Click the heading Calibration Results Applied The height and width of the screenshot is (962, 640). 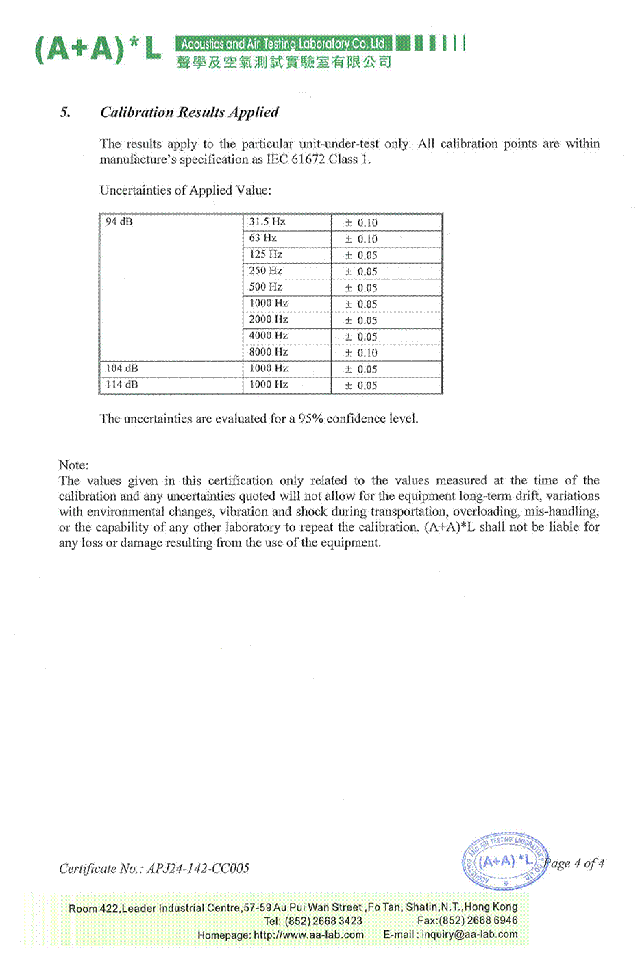click(189, 112)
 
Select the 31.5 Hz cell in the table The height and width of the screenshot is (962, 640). click(267, 222)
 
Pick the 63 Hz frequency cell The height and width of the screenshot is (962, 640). click(262, 238)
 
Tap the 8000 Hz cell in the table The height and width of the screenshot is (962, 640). click(268, 352)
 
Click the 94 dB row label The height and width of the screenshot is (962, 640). click(119, 222)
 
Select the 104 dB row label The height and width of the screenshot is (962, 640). click(122, 369)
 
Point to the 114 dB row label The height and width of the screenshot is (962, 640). click(122, 385)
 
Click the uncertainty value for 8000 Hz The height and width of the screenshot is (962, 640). click(361, 353)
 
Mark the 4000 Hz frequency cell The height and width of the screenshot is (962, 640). click(268, 336)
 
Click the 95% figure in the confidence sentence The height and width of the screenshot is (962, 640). click(310, 419)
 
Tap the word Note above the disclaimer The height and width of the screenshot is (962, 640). click(73, 465)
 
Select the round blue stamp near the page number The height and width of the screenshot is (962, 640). click(505, 861)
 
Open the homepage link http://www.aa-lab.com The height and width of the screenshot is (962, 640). click(308, 935)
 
